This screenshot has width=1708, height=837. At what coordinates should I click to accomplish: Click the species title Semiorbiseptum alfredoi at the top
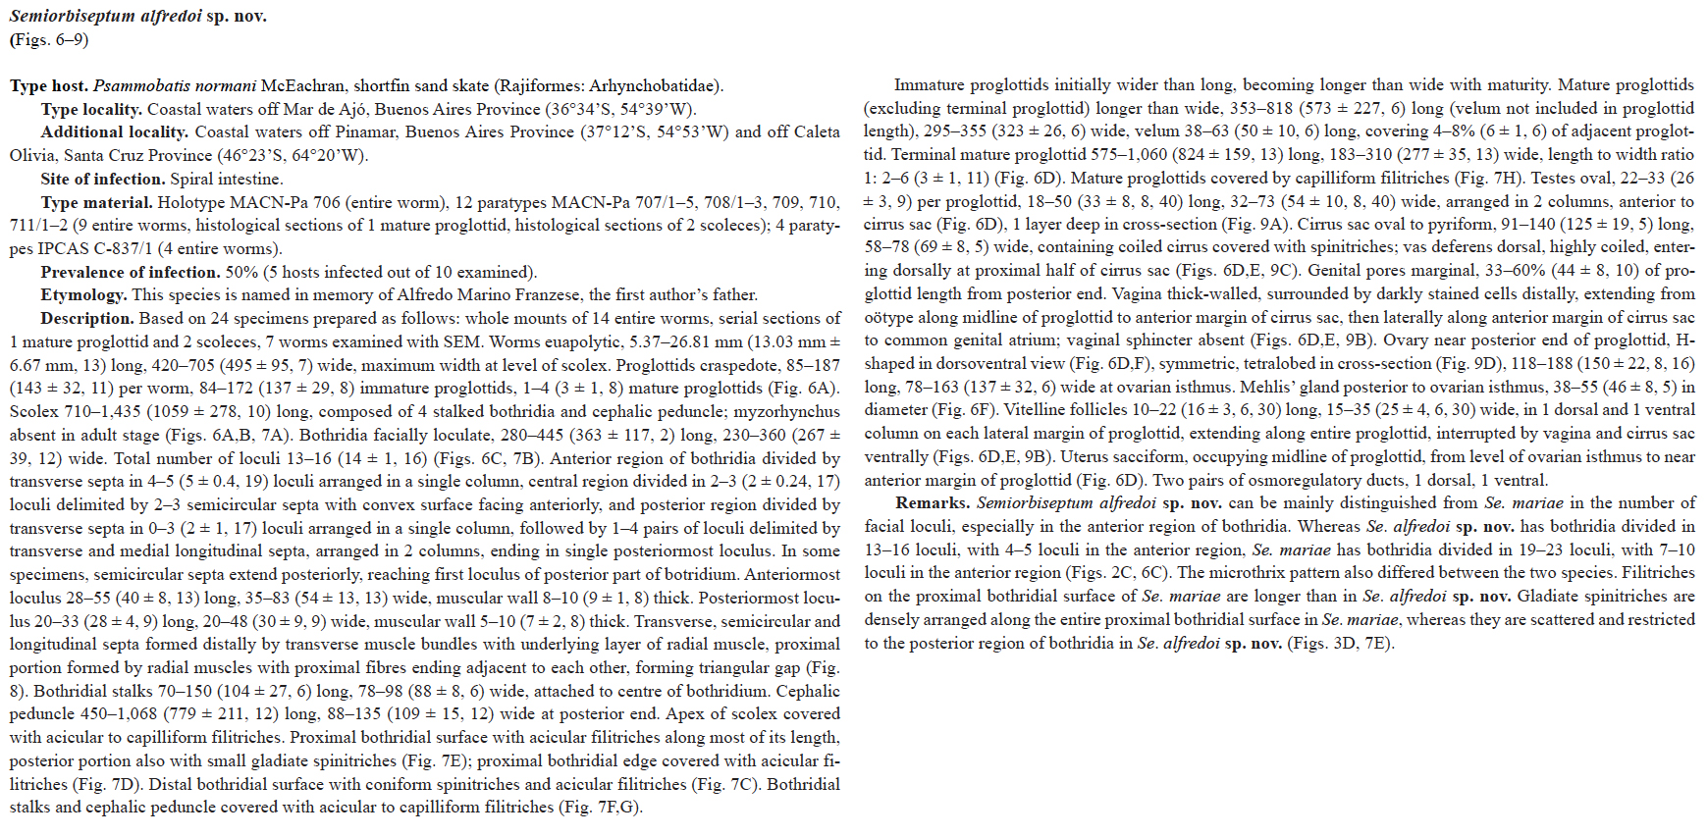point(105,17)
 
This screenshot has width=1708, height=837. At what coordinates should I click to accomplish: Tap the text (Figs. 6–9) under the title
point(49,40)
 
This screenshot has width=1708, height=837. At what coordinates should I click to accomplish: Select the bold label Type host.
point(49,86)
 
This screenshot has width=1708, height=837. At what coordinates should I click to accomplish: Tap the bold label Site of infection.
point(103,180)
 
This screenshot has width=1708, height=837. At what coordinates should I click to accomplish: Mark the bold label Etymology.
point(82,295)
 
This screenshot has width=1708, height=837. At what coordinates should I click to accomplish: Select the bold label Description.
point(86,319)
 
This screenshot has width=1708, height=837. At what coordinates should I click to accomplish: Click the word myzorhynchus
point(787,412)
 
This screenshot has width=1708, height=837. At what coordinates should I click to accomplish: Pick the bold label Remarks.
point(931,503)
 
